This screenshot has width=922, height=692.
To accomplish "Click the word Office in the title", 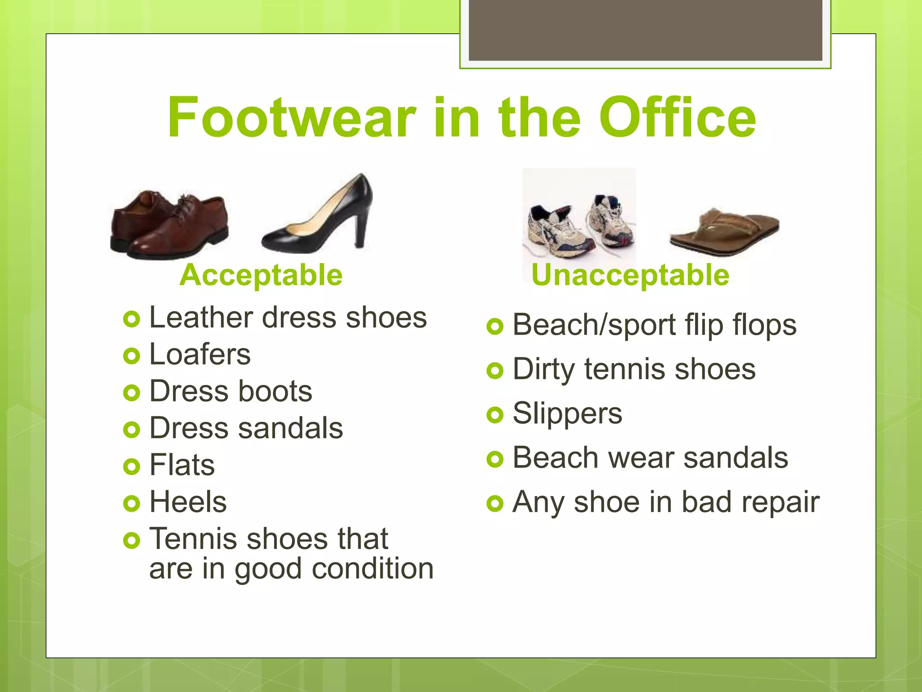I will point(677,118).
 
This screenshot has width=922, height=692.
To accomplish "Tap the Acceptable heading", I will point(261,275).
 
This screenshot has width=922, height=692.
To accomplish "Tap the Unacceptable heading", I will point(630,275).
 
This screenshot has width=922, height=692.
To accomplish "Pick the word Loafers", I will point(199,355).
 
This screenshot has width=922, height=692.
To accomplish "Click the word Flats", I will point(182,465).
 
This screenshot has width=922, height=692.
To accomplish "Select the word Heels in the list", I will point(188,502).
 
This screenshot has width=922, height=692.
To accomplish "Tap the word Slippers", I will point(567,414).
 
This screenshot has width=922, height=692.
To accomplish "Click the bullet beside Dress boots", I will point(131,393).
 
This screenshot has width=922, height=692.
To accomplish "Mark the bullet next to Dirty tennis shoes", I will point(495,371).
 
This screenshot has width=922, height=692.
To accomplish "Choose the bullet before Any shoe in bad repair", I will point(495,503).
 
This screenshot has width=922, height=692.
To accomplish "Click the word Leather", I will point(201,318).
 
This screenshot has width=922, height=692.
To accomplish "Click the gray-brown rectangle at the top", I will point(645,30).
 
